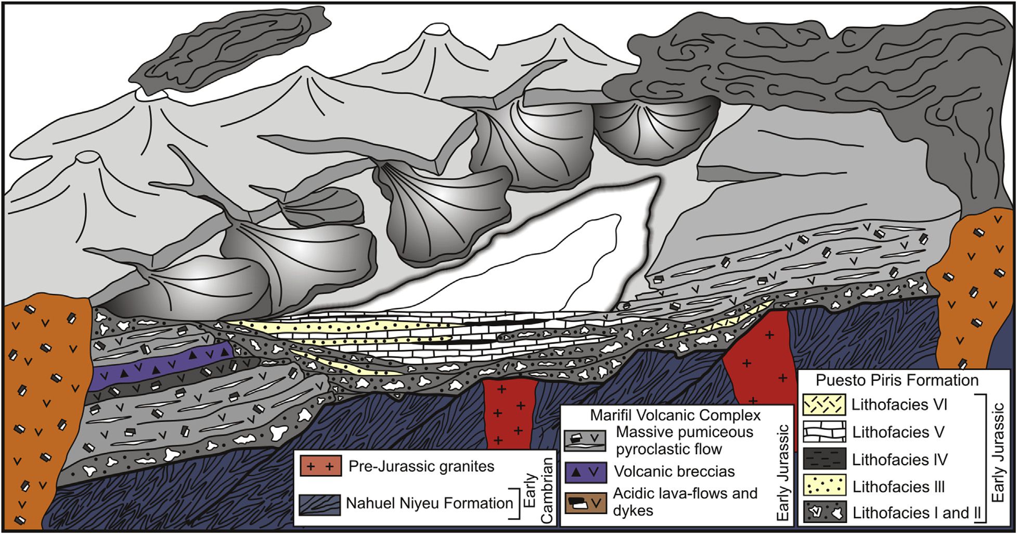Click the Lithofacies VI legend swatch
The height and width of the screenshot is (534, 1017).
[824, 405]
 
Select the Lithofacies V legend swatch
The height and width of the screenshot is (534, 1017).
[824, 432]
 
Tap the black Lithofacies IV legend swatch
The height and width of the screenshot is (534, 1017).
[824, 459]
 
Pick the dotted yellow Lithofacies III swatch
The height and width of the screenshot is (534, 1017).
[824, 486]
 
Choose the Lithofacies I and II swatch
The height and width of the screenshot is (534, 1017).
[824, 513]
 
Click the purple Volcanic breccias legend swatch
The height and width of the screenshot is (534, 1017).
[585, 472]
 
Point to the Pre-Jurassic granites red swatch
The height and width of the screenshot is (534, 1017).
[320, 466]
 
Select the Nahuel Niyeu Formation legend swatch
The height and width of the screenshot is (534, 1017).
[320, 504]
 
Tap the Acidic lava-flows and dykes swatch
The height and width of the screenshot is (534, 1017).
[585, 502]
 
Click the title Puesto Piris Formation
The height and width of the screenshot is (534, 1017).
[897, 380]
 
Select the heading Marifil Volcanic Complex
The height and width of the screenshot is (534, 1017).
[675, 415]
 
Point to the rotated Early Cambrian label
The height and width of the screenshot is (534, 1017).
[538, 490]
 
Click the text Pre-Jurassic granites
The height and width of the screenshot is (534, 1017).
[421, 466]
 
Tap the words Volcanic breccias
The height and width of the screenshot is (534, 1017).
[674, 472]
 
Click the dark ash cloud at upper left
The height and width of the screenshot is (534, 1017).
[229, 47]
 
